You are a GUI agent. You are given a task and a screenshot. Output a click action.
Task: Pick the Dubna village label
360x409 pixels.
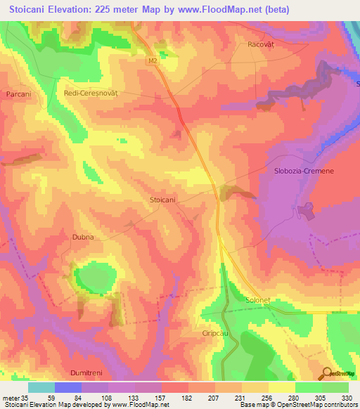(82, 238)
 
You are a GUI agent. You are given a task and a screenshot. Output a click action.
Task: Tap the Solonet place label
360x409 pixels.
(257, 300)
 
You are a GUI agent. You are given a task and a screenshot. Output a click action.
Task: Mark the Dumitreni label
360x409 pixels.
(87, 370)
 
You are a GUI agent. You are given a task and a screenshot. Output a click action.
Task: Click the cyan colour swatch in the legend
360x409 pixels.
(41, 387)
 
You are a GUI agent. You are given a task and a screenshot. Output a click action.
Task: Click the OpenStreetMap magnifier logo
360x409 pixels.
(327, 373)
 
